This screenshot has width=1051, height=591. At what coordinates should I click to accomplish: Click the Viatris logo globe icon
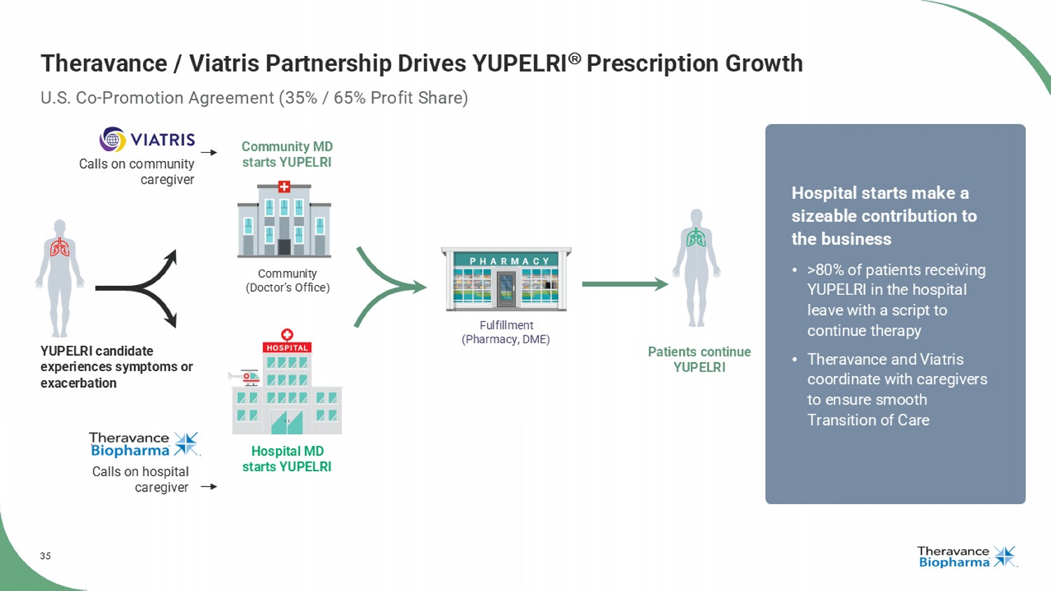[113, 139]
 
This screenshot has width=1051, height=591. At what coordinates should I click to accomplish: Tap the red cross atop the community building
[284, 187]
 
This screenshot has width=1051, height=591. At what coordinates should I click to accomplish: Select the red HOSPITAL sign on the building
[287, 347]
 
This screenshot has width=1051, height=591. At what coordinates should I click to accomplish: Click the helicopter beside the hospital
[245, 377]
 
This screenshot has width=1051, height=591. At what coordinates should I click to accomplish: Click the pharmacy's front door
[507, 288]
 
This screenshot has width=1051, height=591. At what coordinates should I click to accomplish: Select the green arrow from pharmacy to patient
[625, 284]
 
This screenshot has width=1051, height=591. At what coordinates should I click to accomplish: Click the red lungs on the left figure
[60, 248]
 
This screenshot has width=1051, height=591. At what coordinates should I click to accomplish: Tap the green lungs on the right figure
[696, 238]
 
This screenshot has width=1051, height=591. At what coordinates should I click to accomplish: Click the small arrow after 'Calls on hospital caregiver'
[209, 487]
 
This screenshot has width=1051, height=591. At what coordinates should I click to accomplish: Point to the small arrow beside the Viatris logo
[209, 153]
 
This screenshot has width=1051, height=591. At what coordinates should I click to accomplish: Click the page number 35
[46, 556]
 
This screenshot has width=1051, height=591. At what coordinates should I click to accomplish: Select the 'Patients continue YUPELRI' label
[699, 359]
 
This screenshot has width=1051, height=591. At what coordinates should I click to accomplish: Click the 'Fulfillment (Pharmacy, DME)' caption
[506, 332]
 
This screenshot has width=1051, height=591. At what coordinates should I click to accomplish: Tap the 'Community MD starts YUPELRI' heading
[287, 154]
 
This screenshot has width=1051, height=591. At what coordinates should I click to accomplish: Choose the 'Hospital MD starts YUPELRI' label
[287, 459]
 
